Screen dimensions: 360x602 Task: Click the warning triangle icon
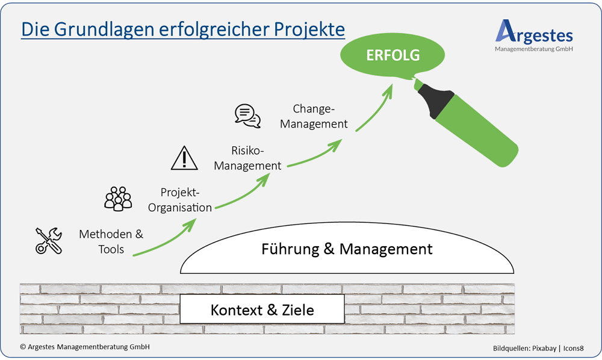(x=184, y=158)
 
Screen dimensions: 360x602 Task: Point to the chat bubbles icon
(x=248, y=116)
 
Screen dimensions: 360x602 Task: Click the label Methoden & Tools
(x=111, y=241)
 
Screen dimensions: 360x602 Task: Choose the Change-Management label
(x=320, y=116)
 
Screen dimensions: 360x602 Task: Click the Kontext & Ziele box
(x=262, y=310)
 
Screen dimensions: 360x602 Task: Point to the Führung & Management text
(x=347, y=249)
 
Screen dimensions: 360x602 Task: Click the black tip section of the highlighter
(x=436, y=100)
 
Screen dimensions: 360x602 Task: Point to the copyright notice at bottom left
(x=84, y=347)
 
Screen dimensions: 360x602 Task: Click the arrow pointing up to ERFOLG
(x=376, y=106)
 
